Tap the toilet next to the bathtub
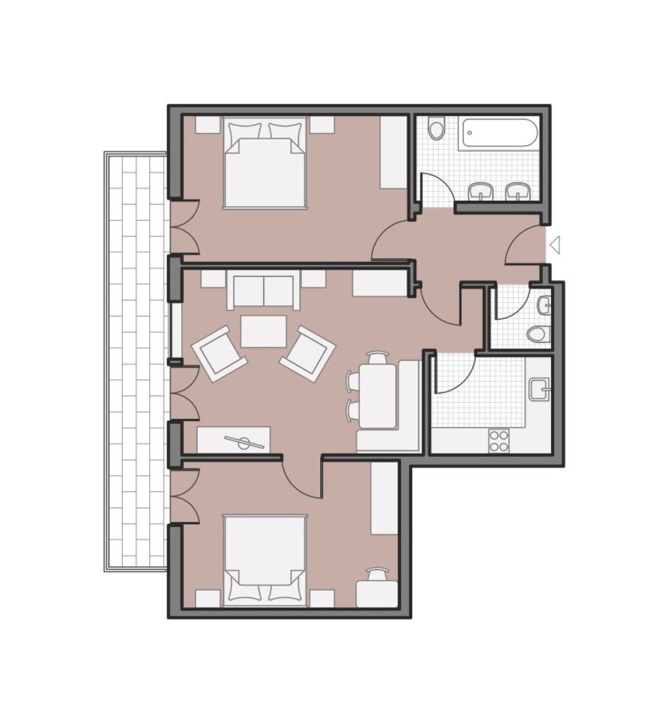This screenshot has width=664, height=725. coord(437,129)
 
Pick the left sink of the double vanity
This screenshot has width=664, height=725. coord(481,191)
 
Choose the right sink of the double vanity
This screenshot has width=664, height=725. coord(518,191)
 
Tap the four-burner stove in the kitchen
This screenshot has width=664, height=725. coord(499,440)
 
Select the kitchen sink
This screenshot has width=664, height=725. coord(539,389)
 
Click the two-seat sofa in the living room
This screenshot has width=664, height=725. coord(264,292)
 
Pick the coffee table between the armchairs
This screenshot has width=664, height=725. coord(264,331)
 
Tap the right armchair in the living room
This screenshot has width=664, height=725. coord(307,352)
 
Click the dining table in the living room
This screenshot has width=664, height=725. coord(378,396)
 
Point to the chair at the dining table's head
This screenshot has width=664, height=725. coord(377,357)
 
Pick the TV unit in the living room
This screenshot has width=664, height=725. coord(234,440)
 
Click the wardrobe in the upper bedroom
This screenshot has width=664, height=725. coord(393,152)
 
